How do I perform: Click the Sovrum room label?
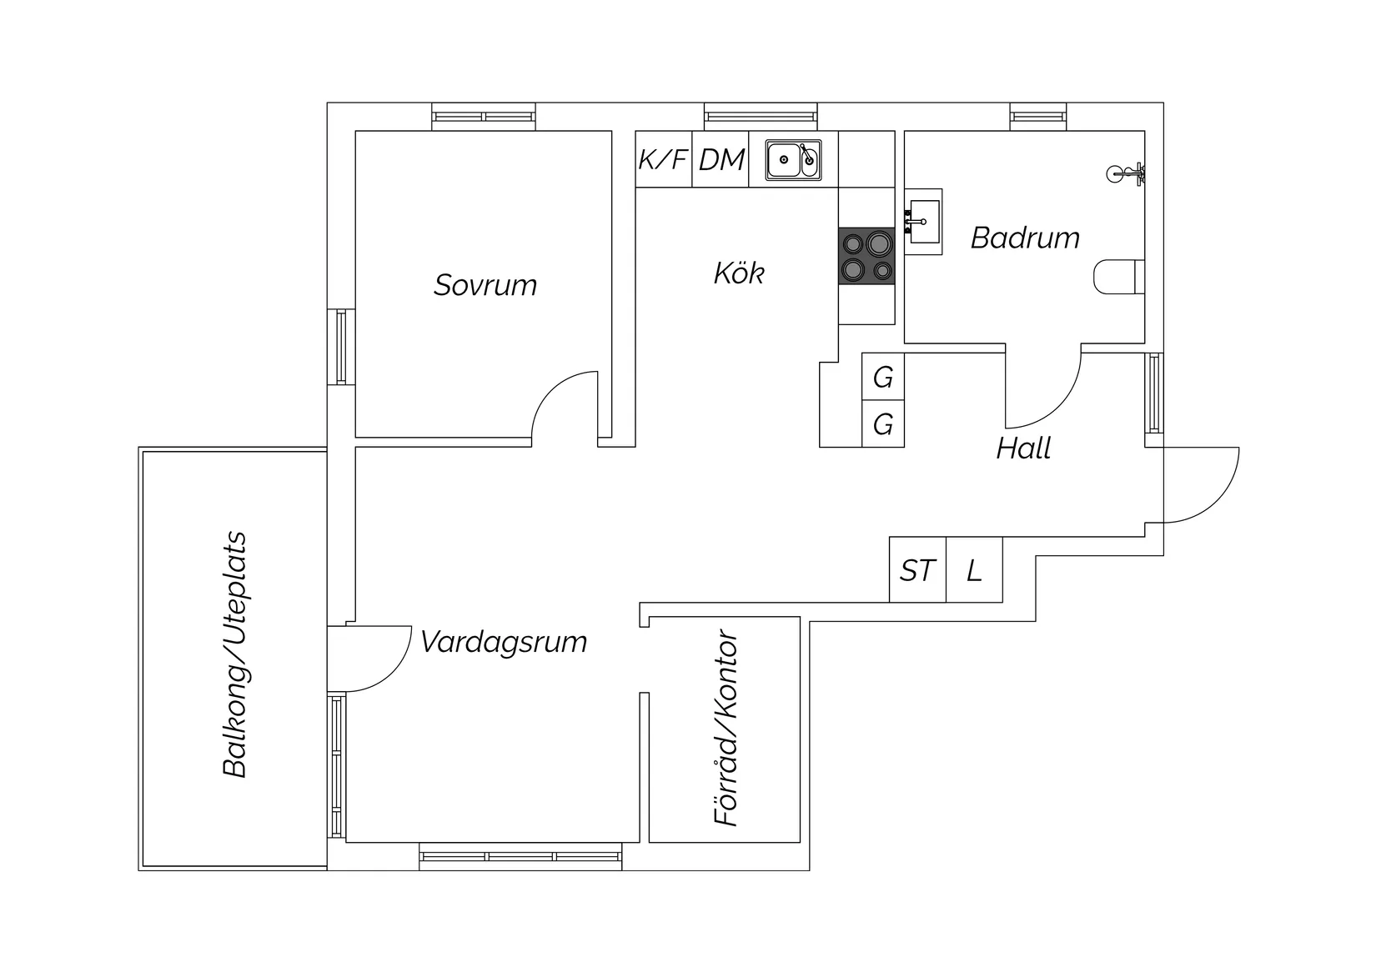point(485,285)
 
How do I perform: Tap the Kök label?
point(739,273)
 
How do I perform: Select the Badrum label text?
point(1025,238)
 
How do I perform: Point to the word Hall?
point(1023,448)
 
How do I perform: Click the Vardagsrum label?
point(504,642)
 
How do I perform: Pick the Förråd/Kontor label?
point(727,729)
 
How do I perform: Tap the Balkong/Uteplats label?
point(236,654)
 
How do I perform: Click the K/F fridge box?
point(663,159)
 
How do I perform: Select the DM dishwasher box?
point(721,159)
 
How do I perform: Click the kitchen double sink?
point(794,159)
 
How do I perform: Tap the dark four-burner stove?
point(866,256)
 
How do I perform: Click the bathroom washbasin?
point(923,221)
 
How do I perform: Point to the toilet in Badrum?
point(1118,277)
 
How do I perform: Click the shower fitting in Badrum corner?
point(1125,174)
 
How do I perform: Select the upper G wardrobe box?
point(883,378)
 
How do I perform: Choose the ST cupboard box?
point(917,571)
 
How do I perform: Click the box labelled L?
point(974,571)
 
